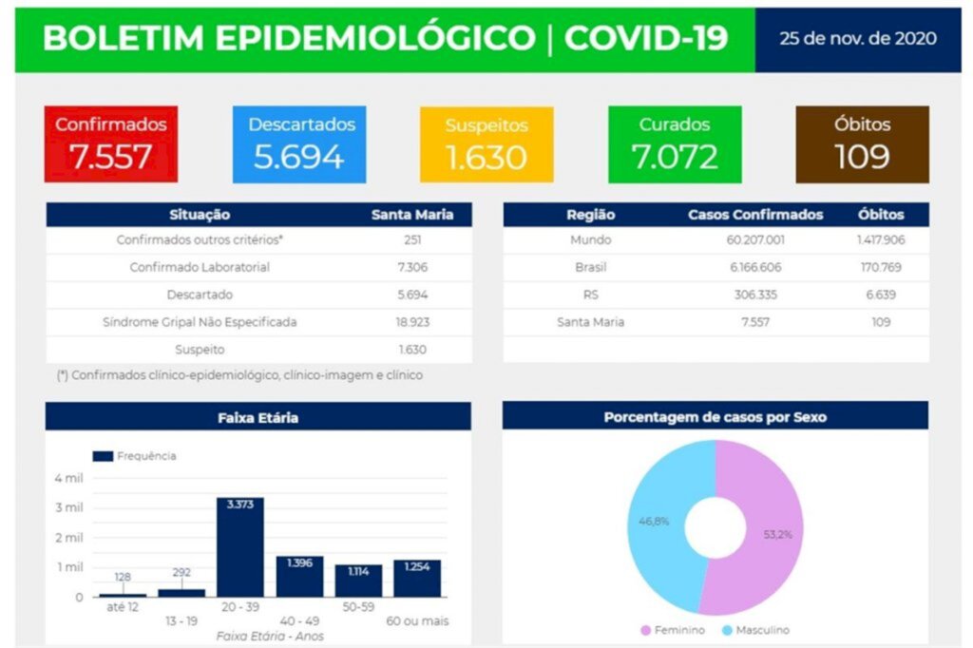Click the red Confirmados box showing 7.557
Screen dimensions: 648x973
(x=111, y=143)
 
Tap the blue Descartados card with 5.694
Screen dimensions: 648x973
(x=299, y=143)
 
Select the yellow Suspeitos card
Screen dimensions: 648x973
(x=486, y=143)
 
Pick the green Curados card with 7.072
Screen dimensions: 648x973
(x=674, y=143)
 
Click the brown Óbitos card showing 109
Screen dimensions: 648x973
(x=862, y=143)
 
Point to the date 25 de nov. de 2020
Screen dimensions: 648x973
(x=857, y=39)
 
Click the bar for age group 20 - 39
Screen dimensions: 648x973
(x=240, y=548)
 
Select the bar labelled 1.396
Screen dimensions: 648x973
(x=299, y=577)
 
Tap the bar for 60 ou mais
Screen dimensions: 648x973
(x=417, y=579)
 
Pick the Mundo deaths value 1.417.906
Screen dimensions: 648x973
(x=880, y=240)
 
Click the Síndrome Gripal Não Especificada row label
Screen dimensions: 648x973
(x=200, y=322)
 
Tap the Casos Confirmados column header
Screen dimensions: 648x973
(x=754, y=215)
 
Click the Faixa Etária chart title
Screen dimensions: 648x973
(x=258, y=417)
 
